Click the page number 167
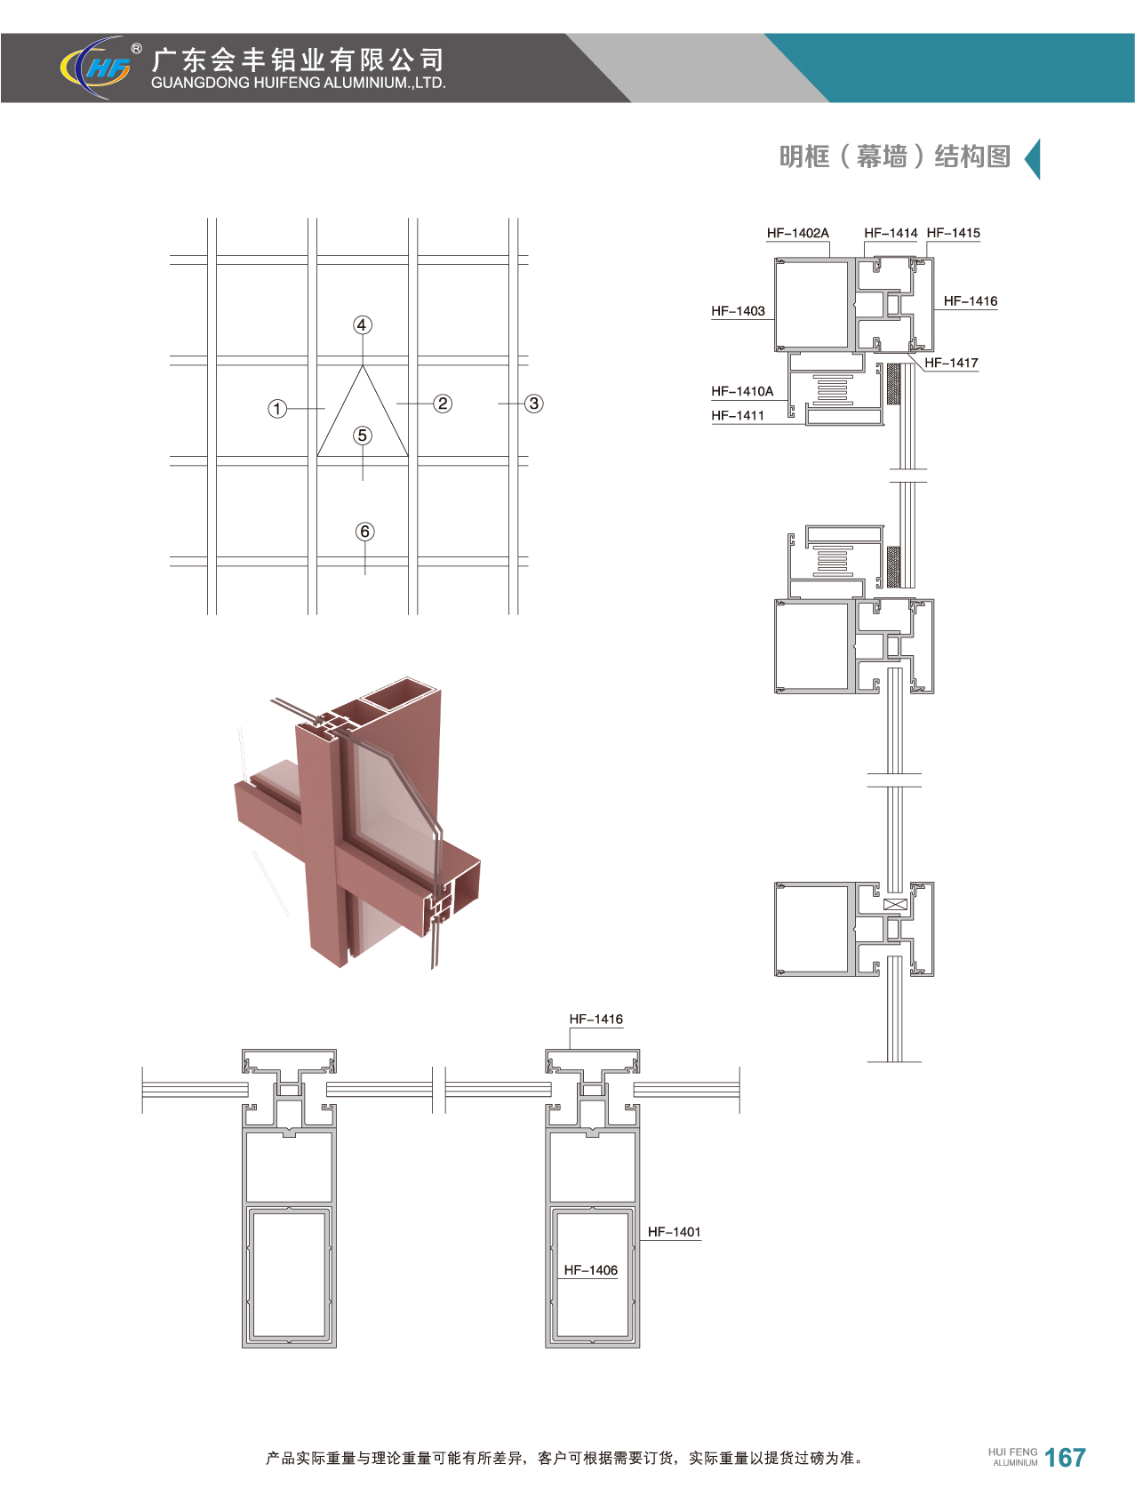click(1065, 1457)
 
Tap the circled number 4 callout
click(362, 325)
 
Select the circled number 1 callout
click(278, 409)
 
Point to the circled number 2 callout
click(443, 404)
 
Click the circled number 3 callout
click(533, 404)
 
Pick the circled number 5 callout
click(362, 436)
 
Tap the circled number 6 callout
click(364, 532)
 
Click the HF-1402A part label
click(798, 233)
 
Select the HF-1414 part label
click(891, 233)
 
